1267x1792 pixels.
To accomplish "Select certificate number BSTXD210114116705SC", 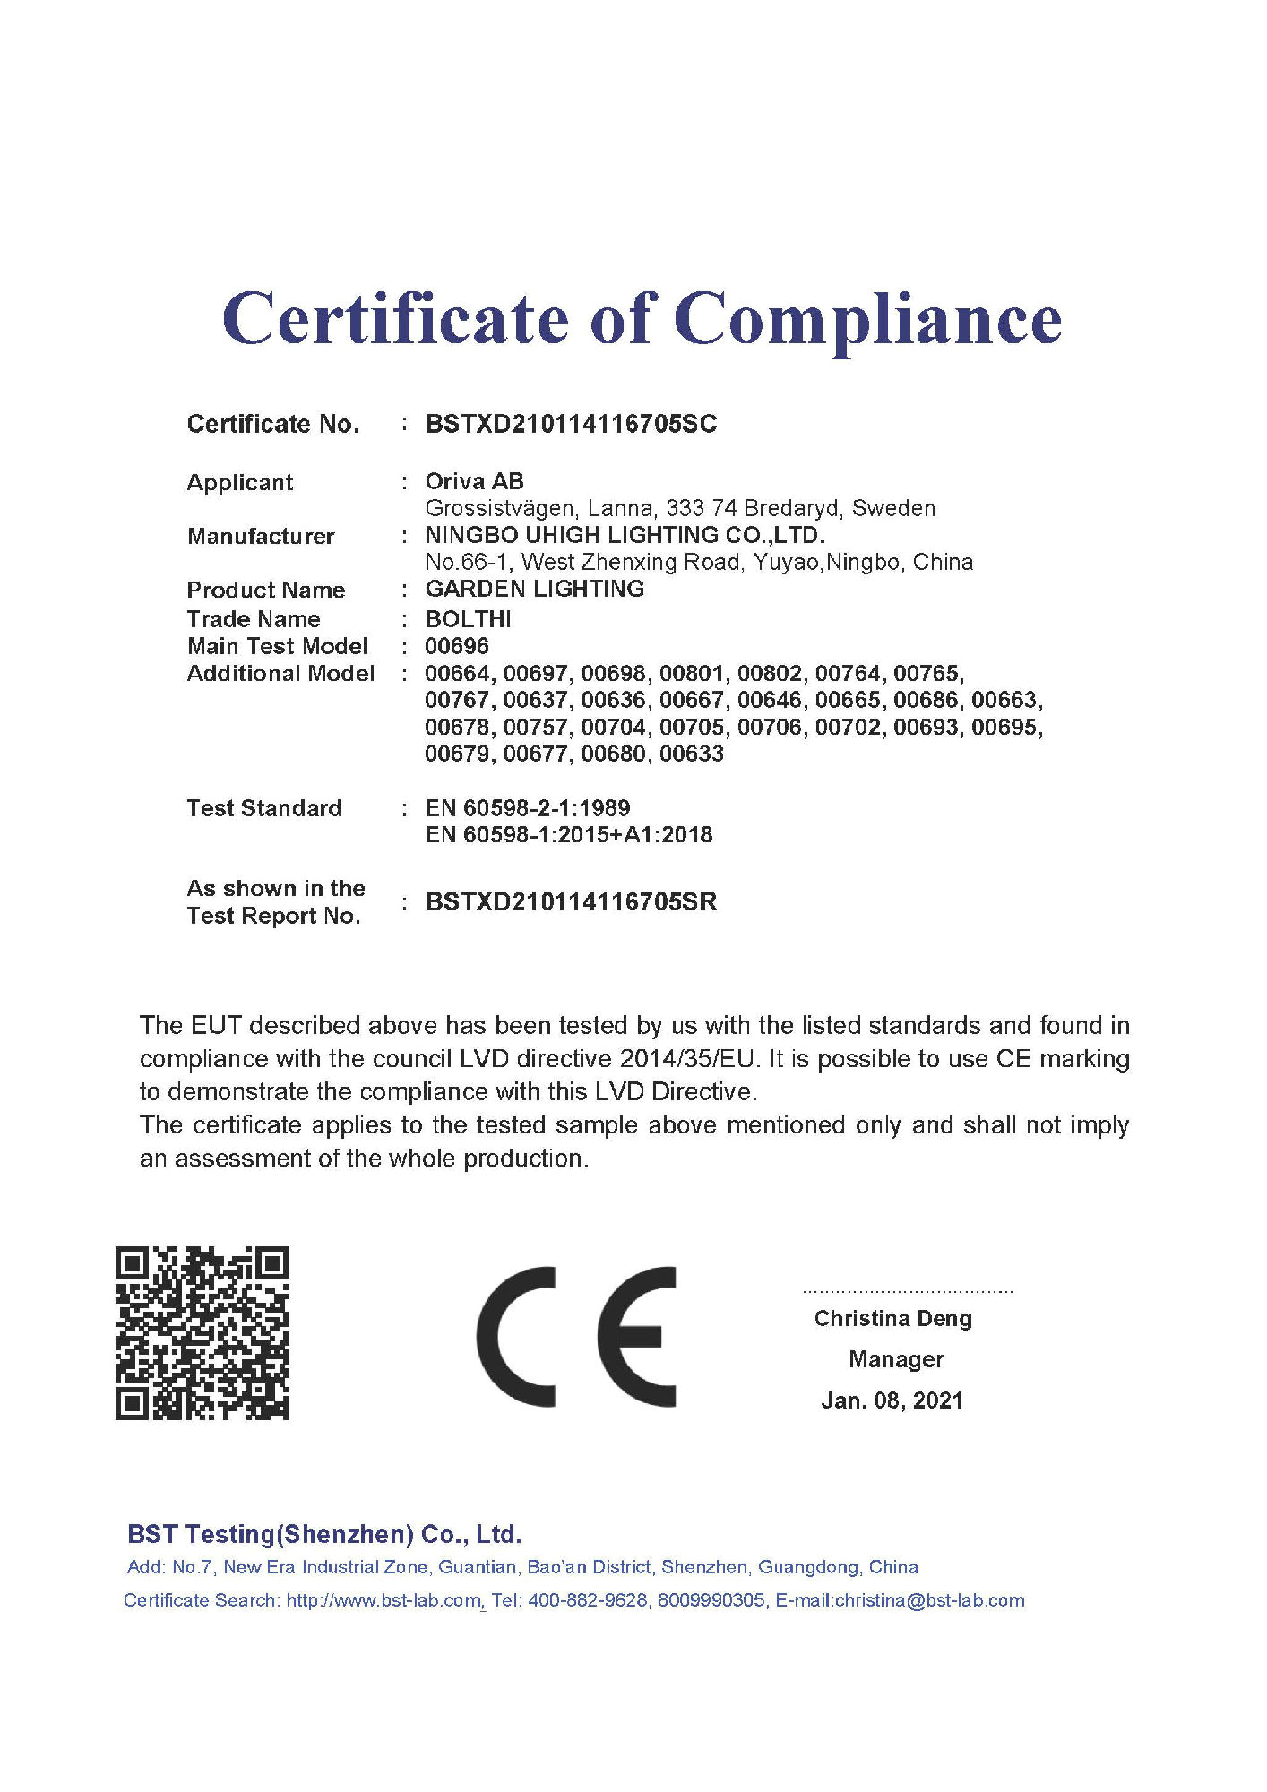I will click(571, 424).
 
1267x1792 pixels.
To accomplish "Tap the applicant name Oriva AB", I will click(474, 481).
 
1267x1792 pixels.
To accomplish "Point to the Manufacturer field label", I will click(261, 537).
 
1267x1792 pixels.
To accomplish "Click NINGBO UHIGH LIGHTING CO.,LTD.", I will click(625, 535).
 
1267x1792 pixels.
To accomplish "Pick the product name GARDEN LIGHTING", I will click(534, 589).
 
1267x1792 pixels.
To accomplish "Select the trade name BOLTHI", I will click(468, 619).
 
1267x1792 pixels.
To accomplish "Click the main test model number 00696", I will click(457, 646).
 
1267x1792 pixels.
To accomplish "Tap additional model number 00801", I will click(691, 673).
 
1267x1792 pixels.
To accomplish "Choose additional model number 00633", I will click(691, 754).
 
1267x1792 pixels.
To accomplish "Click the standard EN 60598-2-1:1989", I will click(527, 808).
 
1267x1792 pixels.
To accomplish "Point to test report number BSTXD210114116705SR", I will click(571, 902).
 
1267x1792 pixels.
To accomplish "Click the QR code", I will click(203, 1333).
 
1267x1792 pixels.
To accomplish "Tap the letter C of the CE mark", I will click(516, 1337).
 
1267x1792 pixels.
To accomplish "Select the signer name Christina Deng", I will click(892, 1319).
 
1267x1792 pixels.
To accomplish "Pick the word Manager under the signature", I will click(896, 1360).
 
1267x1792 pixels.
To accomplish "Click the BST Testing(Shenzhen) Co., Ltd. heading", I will click(324, 1535).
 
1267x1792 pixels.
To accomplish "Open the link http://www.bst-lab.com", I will click(384, 1601).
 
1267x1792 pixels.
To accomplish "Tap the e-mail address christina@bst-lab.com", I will click(929, 1601).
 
